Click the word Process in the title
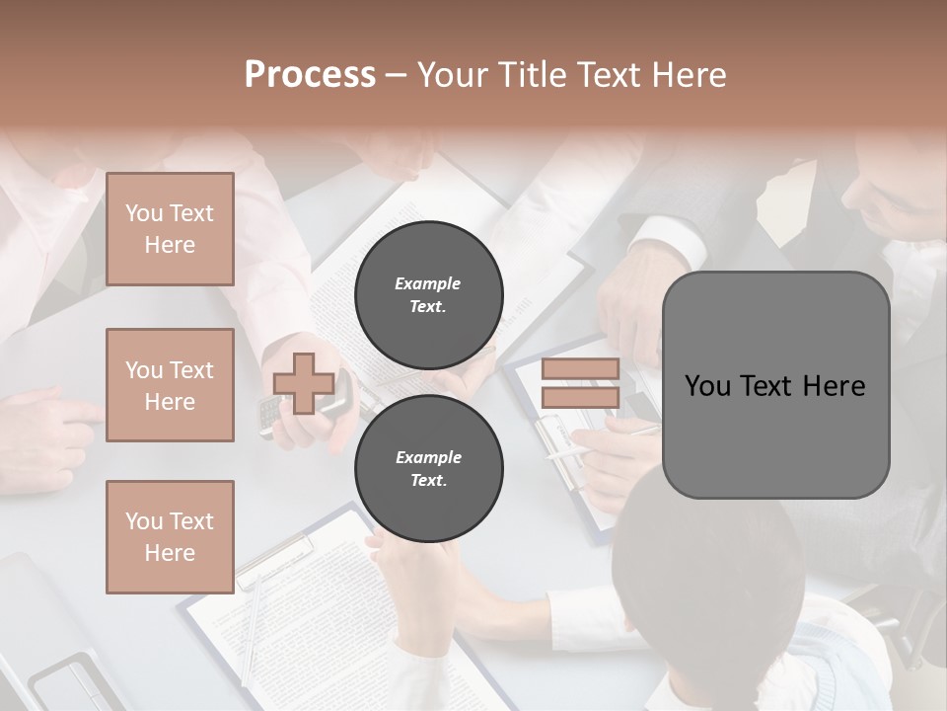310,75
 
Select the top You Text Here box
170,229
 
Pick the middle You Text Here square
170,385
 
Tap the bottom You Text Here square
170,536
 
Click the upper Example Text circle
428,294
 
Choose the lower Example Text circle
428,468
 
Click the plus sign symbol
303,384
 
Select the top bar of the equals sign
580,369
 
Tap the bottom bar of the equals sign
580,398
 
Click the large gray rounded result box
775,434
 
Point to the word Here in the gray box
834,386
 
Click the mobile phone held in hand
270,415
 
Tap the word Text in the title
611,75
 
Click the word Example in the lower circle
428,457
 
